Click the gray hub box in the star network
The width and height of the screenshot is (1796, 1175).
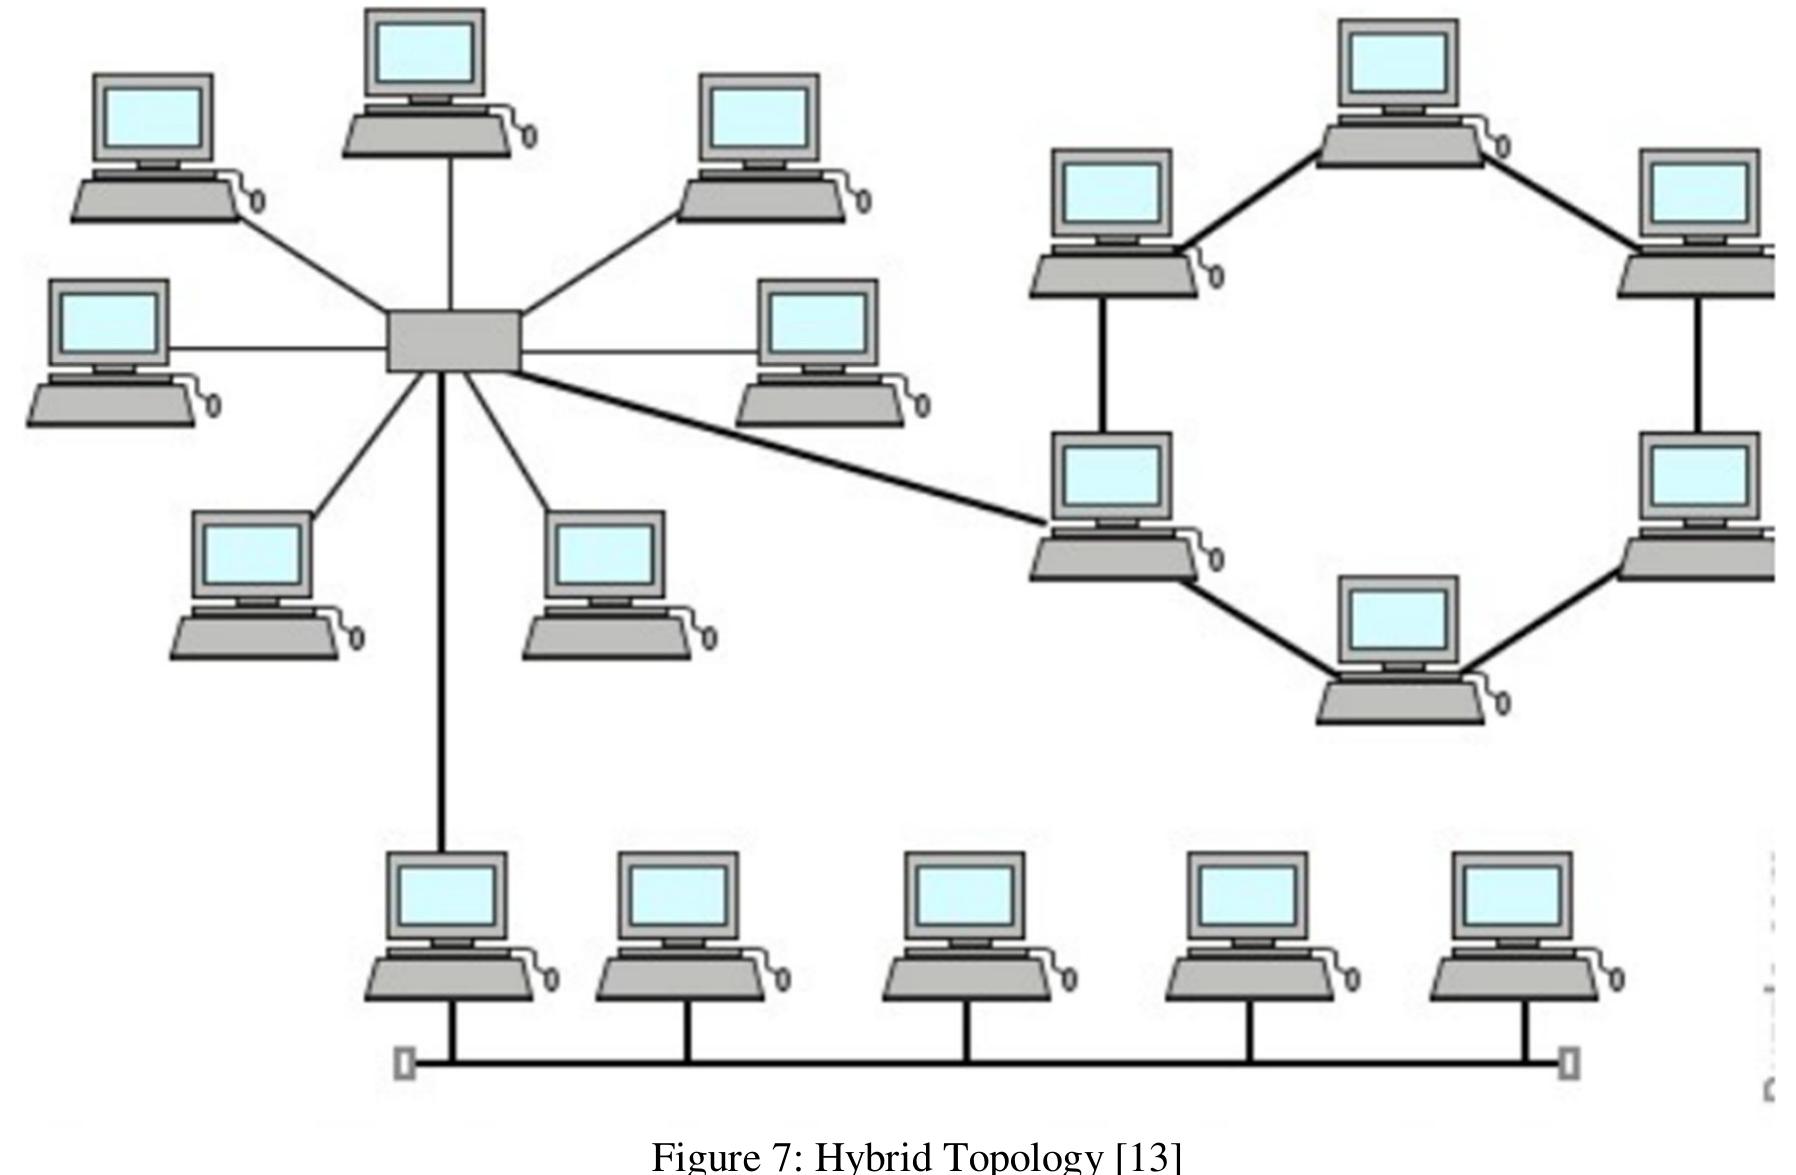coord(453,341)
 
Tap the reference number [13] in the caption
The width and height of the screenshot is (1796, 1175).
coord(1148,1157)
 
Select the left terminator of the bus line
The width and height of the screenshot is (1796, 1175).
coord(405,1063)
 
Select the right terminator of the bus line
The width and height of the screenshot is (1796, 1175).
coord(1569,1063)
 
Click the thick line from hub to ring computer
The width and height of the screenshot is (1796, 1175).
coord(780,446)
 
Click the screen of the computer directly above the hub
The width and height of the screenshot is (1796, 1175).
coord(424,51)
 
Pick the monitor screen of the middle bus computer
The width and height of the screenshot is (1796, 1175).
coord(965,894)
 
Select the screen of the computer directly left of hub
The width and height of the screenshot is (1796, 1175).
coord(109,321)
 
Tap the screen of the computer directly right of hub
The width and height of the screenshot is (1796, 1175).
coord(817,321)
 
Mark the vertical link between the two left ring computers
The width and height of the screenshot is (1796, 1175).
coord(1103,365)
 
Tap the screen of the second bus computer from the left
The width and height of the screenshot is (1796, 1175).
coord(679,894)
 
